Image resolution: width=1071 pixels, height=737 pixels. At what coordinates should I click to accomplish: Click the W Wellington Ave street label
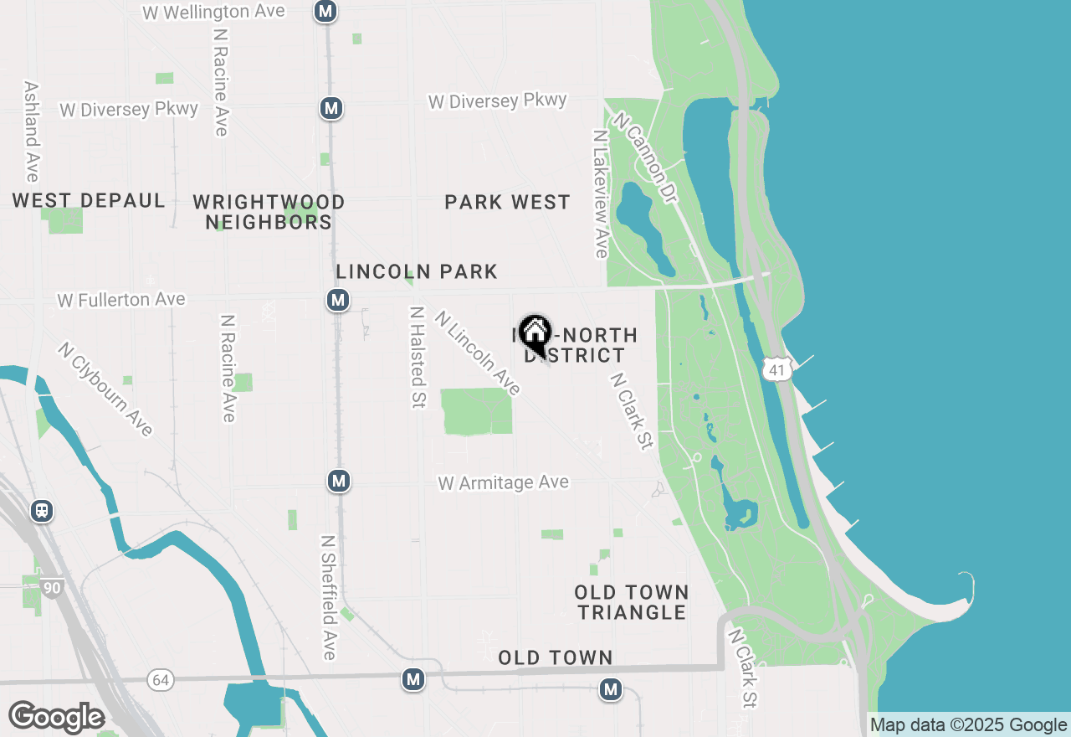213,12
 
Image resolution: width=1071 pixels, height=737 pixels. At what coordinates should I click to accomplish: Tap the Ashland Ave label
32,131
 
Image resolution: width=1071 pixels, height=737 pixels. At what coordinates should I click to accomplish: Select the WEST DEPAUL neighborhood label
89,201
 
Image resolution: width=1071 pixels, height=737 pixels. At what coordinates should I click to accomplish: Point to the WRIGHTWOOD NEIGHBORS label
269,212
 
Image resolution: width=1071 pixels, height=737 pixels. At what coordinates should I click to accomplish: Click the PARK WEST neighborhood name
507,202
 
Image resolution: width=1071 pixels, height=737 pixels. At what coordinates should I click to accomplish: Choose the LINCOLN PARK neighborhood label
417,271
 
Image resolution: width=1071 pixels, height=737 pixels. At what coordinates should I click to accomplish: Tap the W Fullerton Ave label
121,299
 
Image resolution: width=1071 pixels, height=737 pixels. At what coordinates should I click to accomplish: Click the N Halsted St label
417,357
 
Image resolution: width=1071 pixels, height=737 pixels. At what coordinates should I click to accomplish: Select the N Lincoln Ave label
478,353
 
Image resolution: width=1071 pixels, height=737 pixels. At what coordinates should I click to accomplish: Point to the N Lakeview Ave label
600,193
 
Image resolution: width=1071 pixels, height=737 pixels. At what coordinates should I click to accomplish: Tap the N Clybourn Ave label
105,389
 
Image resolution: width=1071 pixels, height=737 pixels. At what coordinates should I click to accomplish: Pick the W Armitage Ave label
503,483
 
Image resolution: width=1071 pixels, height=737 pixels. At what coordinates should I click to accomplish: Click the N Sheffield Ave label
329,597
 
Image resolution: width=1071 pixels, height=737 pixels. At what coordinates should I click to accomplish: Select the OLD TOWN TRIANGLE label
632,602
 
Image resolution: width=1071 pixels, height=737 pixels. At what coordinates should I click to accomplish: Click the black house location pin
535,335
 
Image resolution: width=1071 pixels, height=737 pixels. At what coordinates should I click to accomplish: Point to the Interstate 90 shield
52,588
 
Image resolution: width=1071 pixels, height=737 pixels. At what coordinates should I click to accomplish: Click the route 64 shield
161,679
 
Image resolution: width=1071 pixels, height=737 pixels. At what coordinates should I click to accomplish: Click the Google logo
56,717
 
